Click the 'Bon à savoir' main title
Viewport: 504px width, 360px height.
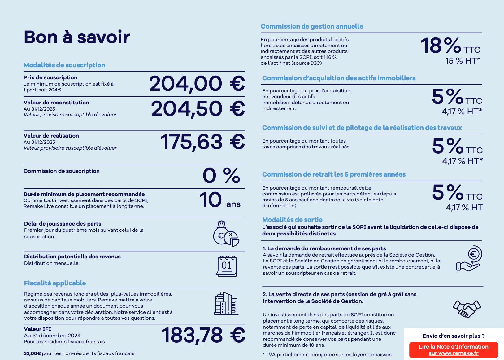(x=77, y=37)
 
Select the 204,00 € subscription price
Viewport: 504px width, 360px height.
(x=197, y=84)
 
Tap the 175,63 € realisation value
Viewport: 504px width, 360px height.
(x=202, y=142)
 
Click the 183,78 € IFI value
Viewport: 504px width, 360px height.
(x=203, y=335)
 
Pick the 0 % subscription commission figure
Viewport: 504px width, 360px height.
(x=221, y=175)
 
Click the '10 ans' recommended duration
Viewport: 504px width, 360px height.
(x=220, y=200)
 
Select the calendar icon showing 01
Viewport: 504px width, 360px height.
(x=227, y=266)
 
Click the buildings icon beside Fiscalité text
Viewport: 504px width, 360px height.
(x=226, y=304)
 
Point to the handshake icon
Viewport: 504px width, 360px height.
(x=467, y=309)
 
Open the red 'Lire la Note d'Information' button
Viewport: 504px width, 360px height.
(x=454, y=350)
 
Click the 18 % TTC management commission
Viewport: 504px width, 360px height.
(x=450, y=46)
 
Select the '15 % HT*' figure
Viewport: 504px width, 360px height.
(x=463, y=61)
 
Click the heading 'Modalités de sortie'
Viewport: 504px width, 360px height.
(x=292, y=220)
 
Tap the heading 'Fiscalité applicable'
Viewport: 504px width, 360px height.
(x=55, y=283)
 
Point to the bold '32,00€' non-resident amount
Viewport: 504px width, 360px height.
(x=32, y=353)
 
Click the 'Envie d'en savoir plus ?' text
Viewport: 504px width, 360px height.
(x=454, y=336)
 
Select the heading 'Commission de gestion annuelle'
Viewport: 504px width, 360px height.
(x=312, y=26)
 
